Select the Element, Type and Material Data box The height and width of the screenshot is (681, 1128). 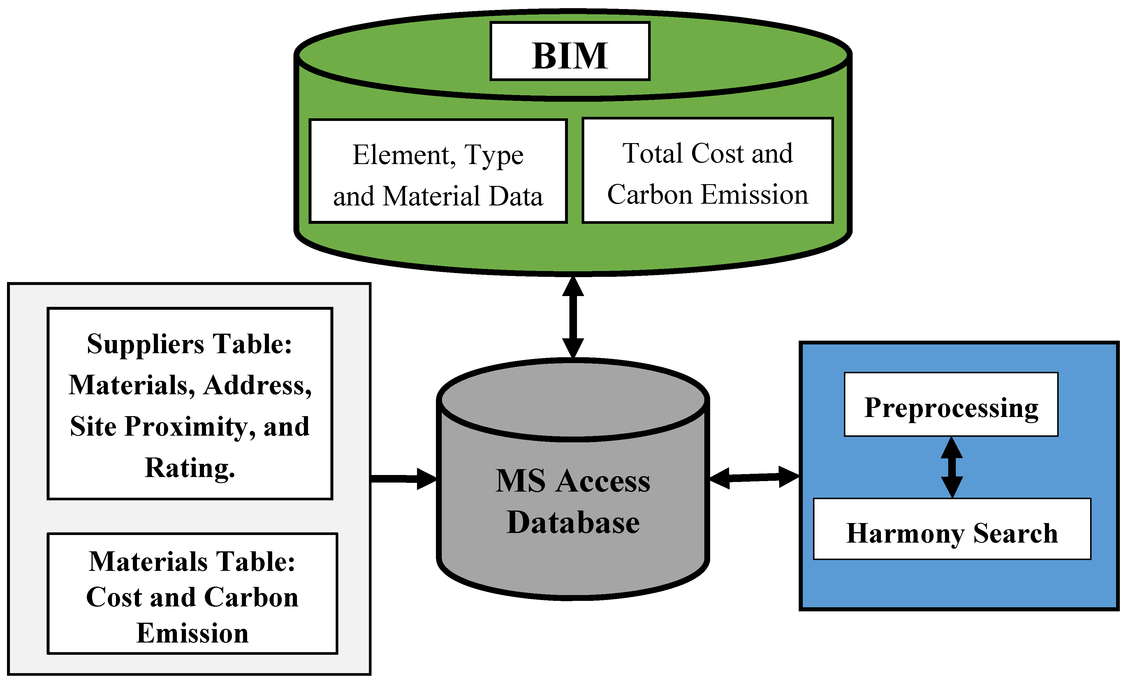438,171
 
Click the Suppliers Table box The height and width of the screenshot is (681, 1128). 190,404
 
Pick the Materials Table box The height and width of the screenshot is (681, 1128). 192,594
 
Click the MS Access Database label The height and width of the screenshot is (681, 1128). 573,501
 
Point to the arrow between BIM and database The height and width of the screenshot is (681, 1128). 573,317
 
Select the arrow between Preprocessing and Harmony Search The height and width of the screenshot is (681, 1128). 952,467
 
